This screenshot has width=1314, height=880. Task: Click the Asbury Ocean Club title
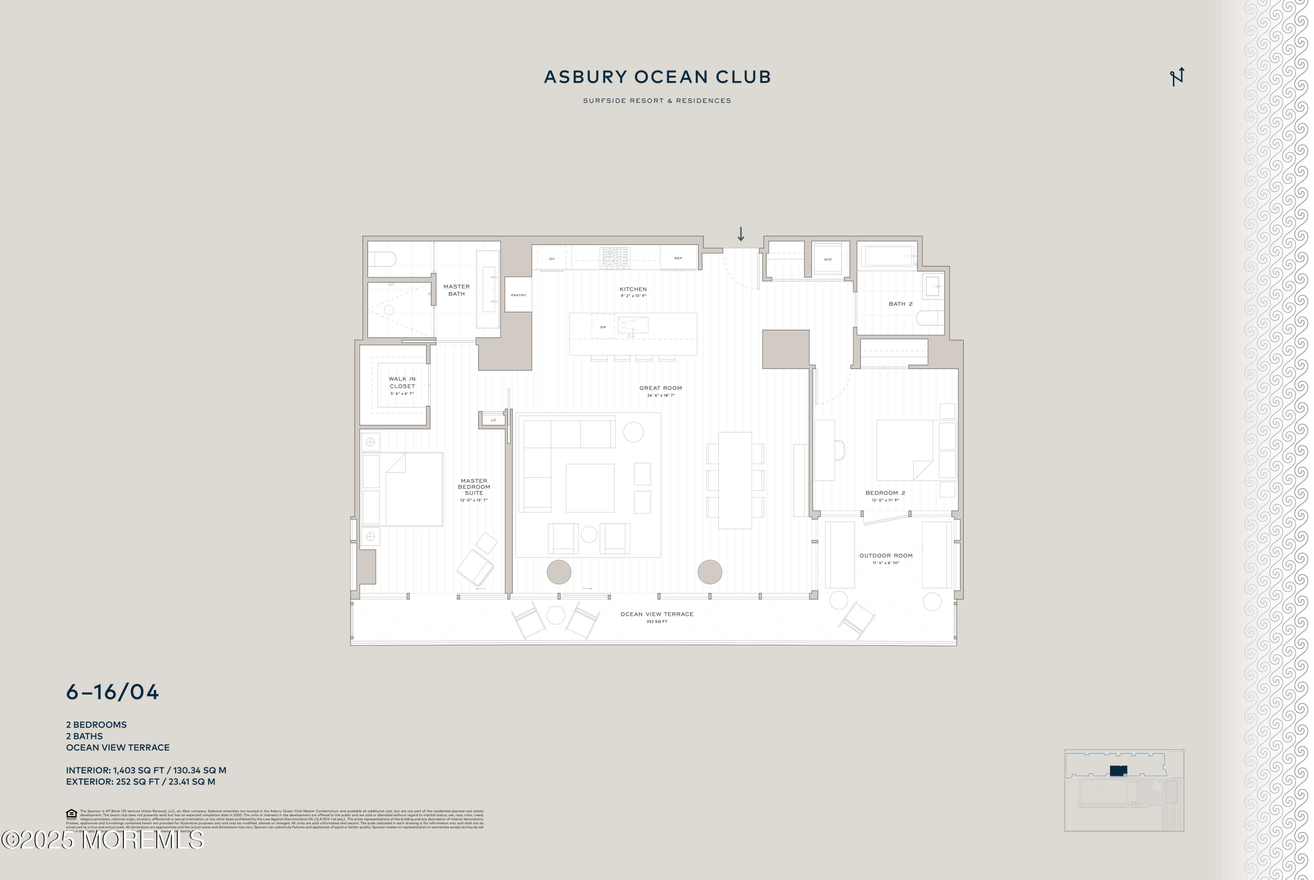(657, 77)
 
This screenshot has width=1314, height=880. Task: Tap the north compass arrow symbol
(1176, 77)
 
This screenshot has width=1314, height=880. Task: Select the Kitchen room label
(633, 290)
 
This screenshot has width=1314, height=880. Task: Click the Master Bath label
(456, 290)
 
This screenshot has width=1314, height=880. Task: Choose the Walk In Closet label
(402, 383)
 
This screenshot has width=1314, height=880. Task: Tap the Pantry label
(518, 295)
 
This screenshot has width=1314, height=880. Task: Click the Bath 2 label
(900, 304)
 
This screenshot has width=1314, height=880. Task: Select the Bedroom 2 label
(885, 493)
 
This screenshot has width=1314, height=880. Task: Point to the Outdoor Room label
(885, 555)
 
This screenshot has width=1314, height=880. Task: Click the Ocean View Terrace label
(657, 614)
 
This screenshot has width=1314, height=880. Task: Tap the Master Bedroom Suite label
(473, 487)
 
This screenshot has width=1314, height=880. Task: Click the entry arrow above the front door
(741, 234)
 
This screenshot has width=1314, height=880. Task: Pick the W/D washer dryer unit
(827, 260)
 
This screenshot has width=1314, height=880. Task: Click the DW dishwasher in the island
(603, 327)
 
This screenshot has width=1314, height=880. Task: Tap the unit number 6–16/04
(112, 692)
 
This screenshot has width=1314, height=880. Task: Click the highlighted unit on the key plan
(1118, 770)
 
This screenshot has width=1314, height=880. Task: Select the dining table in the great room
(735, 480)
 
